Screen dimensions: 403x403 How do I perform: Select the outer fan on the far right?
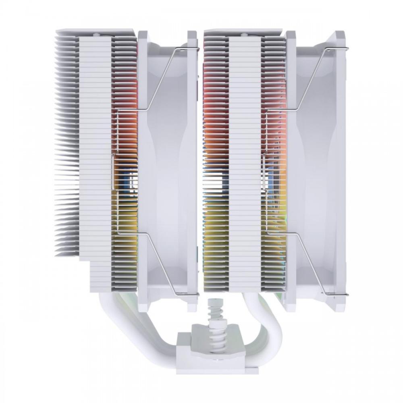[318, 169]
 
